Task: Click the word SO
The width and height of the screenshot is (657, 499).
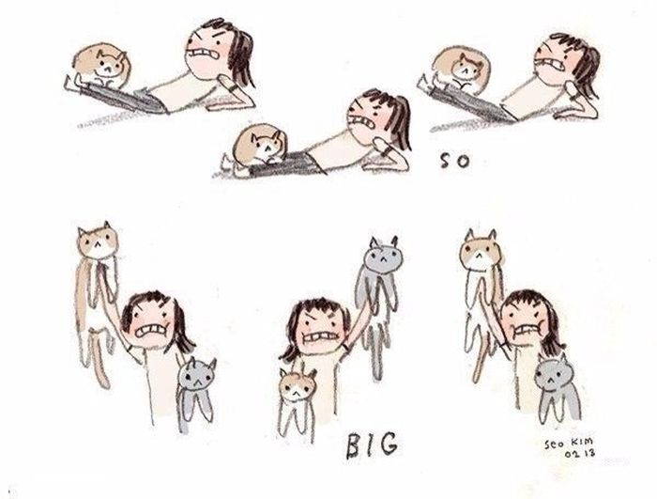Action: (454, 161)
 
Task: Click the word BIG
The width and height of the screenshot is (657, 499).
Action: (372, 445)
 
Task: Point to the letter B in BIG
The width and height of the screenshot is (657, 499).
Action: (354, 446)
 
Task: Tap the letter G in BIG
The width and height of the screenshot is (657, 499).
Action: (388, 444)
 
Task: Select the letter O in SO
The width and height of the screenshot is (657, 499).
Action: (462, 162)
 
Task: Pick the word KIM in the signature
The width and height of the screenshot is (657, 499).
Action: (584, 442)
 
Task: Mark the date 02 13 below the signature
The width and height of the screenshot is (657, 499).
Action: (580, 453)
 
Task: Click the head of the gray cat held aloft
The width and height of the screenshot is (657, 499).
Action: (381, 255)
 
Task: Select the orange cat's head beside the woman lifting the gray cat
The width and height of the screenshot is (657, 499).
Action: (298, 385)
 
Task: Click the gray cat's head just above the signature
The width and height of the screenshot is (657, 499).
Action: (552, 373)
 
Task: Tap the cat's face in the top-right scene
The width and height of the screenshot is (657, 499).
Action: (469, 69)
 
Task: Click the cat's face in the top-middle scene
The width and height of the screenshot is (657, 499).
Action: (265, 145)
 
